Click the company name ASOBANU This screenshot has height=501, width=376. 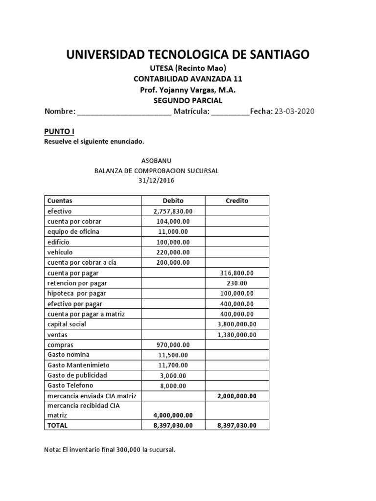coord(156,160)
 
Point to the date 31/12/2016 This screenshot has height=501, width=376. coord(156,181)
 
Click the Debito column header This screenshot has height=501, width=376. coord(173,201)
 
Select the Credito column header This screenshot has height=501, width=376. coord(237,201)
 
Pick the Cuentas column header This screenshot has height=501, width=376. coord(60,201)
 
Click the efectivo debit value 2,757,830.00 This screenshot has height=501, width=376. coord(173,211)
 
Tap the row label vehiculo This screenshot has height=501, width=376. coord(60,252)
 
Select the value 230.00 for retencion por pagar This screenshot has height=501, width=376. coord(237,283)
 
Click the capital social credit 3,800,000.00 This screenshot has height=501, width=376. coord(237,324)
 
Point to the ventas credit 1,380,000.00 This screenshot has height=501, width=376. coord(237,335)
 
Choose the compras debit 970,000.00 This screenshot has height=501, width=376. coord(173,345)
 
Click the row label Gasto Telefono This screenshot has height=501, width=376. coord(70,386)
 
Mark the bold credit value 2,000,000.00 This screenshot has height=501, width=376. coord(237,396)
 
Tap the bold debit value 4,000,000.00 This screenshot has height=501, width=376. coord(173,415)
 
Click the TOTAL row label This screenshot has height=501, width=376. coord(58,425)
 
